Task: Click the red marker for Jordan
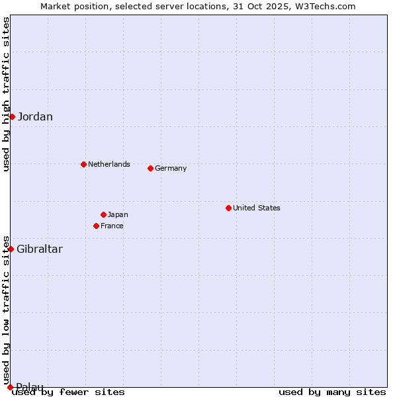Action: [x=12, y=116]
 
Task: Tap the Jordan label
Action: [x=35, y=117]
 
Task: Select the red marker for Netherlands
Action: [x=83, y=164]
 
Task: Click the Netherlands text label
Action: [x=109, y=164]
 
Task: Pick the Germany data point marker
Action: [x=150, y=168]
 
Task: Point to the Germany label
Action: [x=171, y=168]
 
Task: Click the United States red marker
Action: [x=228, y=208]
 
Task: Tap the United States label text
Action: [x=257, y=208]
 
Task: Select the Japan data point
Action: [x=103, y=214]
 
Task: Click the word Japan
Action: [x=118, y=214]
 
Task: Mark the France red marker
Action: [x=96, y=226]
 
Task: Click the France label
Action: [x=112, y=226]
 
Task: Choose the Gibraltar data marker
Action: [x=11, y=249]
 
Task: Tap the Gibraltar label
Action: [x=40, y=249]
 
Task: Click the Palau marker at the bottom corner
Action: [x=10, y=387]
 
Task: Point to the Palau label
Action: [x=30, y=387]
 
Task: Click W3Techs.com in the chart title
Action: [x=324, y=6]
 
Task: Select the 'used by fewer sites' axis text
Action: [x=69, y=392]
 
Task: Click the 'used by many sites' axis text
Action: [x=332, y=392]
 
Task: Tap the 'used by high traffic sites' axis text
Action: [x=6, y=94]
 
